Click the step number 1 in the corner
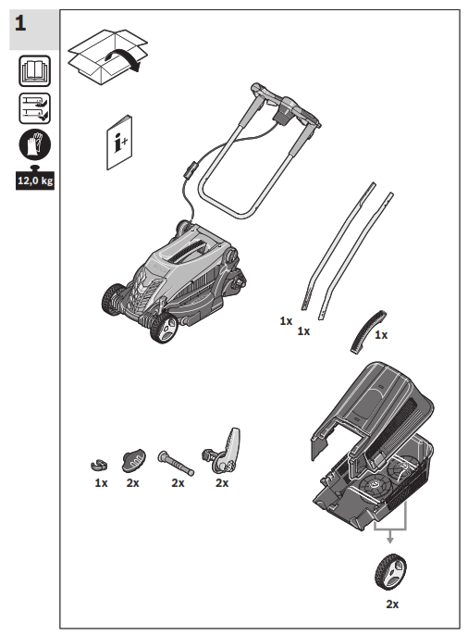tap(21, 23)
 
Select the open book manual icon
tap(34, 71)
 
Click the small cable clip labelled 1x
tap(99, 462)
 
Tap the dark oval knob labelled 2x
tap(135, 458)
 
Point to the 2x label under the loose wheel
tap(391, 604)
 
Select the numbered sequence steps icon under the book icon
tap(34, 106)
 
